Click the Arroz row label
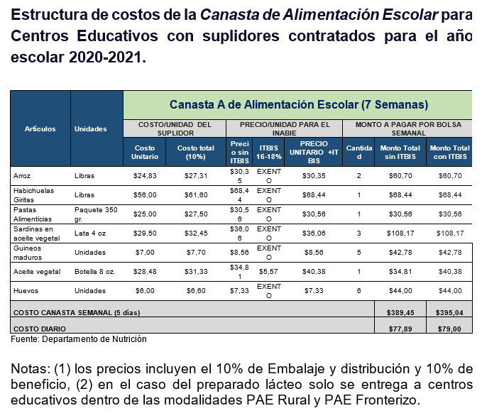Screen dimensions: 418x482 point(23,175)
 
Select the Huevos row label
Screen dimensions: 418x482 point(26,291)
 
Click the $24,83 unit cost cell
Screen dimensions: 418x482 point(145,175)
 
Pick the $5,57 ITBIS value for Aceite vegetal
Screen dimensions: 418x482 point(268,272)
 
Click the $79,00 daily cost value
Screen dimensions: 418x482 point(450,329)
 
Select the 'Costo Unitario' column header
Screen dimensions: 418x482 point(145,152)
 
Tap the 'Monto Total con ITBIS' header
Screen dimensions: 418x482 point(449,152)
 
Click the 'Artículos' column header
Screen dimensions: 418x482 point(40,128)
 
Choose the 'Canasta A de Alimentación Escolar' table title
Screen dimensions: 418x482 point(298,104)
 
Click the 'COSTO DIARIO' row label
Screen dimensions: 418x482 point(40,329)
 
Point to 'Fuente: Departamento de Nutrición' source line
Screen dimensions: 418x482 point(79,339)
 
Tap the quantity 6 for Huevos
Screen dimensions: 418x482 point(358,291)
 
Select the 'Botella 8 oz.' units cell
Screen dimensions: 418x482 point(97,272)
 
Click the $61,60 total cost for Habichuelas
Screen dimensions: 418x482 point(195,194)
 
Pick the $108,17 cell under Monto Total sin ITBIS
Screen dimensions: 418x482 point(400,233)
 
